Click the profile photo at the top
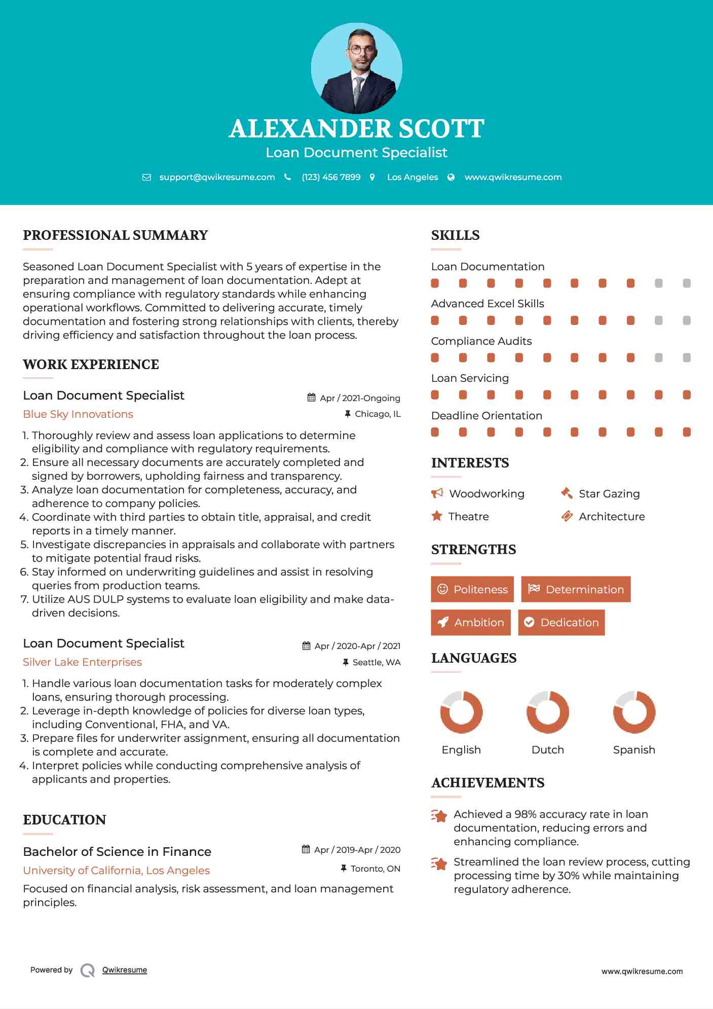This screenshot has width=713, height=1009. click(356, 68)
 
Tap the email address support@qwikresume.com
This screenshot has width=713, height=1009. click(217, 177)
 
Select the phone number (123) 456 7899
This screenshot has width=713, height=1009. click(331, 177)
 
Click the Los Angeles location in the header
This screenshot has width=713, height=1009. click(412, 177)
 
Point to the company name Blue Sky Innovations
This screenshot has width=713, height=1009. click(78, 414)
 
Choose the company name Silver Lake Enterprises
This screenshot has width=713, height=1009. click(82, 662)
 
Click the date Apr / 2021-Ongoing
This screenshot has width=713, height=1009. click(360, 398)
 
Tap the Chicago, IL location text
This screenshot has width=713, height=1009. click(378, 414)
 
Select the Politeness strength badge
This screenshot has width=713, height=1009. click(472, 589)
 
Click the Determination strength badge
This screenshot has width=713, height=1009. click(576, 589)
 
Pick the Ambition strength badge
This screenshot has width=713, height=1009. click(471, 623)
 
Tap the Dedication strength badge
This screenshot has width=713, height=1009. click(561, 623)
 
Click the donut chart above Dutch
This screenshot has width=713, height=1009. click(548, 712)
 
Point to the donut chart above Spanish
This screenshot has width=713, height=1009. click(634, 712)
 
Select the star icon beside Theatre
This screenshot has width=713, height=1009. click(437, 516)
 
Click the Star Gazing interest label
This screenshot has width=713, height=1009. click(609, 494)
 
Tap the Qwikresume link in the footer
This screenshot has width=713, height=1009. click(125, 970)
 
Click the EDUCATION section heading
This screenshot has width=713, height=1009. click(64, 820)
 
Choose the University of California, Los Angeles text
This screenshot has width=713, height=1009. click(116, 871)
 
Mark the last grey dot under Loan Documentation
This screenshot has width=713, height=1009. click(687, 283)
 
